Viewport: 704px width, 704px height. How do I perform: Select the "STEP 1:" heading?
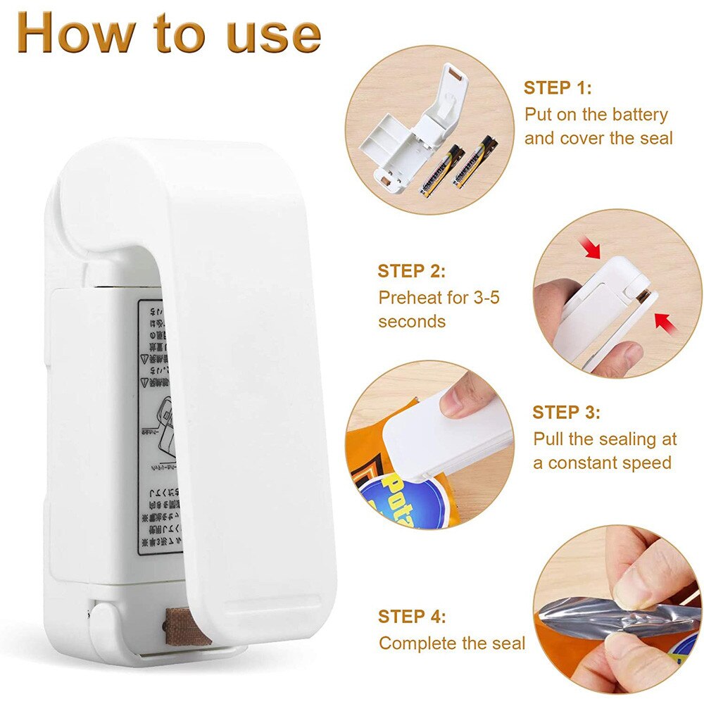tap(557, 88)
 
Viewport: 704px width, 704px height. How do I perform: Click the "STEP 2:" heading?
tap(411, 271)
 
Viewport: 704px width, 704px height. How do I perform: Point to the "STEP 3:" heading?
tap(566, 412)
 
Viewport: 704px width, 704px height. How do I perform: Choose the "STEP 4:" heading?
tap(412, 617)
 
